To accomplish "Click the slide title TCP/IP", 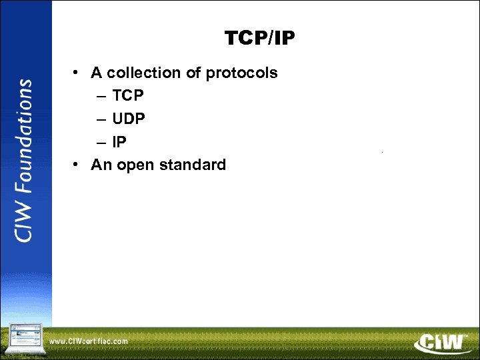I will (x=259, y=39).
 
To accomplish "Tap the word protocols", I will (x=242, y=73).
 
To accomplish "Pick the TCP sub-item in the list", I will (x=128, y=96).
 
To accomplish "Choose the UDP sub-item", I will (x=129, y=119).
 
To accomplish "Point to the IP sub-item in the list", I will (x=119, y=141).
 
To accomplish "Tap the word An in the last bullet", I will (x=101, y=164).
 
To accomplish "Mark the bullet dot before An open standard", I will (x=78, y=164).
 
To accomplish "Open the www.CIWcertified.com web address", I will (x=89, y=341).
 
